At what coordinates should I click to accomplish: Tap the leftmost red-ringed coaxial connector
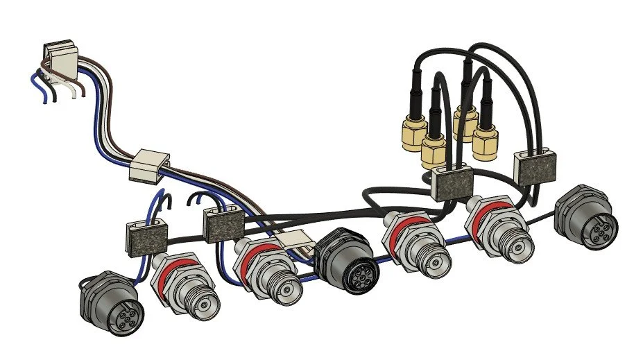pos(186,284)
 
